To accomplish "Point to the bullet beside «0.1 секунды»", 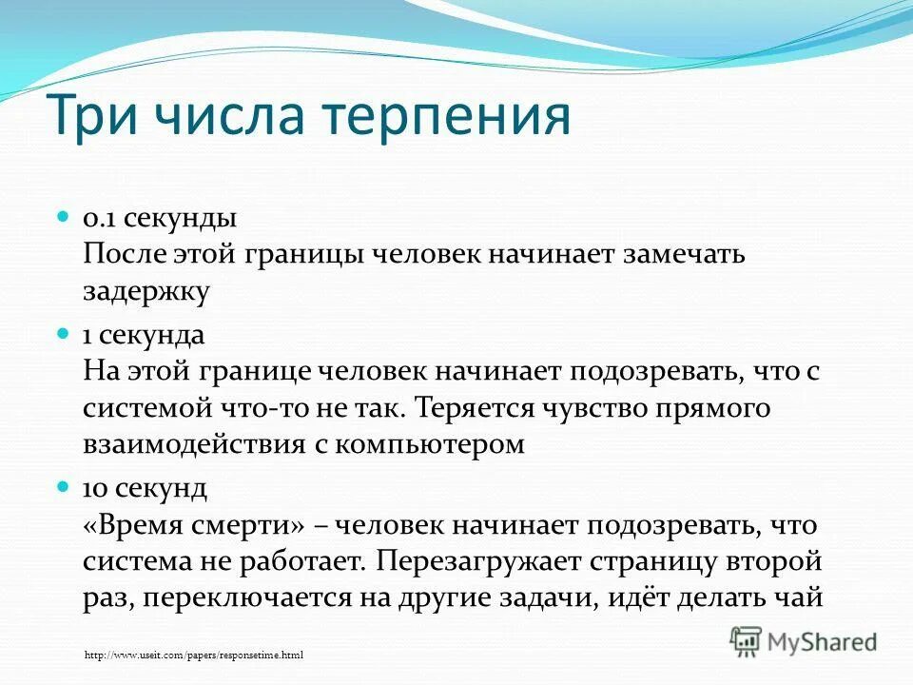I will (x=65, y=217).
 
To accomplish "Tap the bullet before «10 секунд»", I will (x=65, y=486).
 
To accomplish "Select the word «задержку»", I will (x=146, y=292).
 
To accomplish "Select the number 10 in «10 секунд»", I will (x=95, y=488).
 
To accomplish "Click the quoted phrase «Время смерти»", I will (x=194, y=524).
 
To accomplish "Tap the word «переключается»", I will (x=240, y=598).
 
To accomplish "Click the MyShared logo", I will (x=804, y=640).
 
